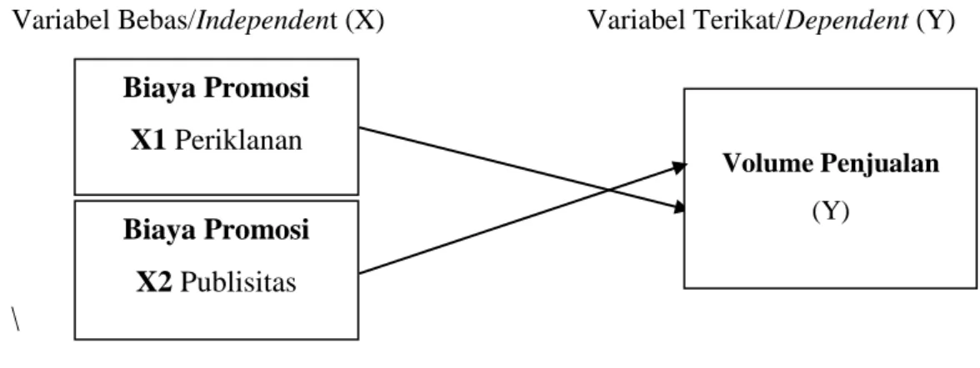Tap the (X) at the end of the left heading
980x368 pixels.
pos(363,22)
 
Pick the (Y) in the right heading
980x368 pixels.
pos(936,22)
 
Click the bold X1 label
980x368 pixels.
pos(148,142)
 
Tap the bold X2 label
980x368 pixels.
pos(153,283)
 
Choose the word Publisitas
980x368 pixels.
pos(238,283)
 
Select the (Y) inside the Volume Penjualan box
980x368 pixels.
pos(831,211)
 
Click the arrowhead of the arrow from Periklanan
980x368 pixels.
pos(681,208)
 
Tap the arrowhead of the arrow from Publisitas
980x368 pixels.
pos(681,167)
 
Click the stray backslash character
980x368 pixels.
pos(15,318)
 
